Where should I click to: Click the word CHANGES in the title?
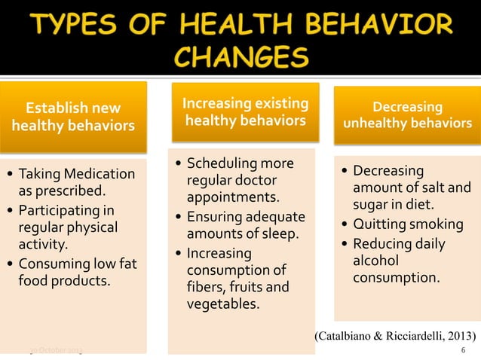(240, 59)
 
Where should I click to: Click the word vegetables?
(222, 304)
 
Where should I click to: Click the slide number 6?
(463, 350)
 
